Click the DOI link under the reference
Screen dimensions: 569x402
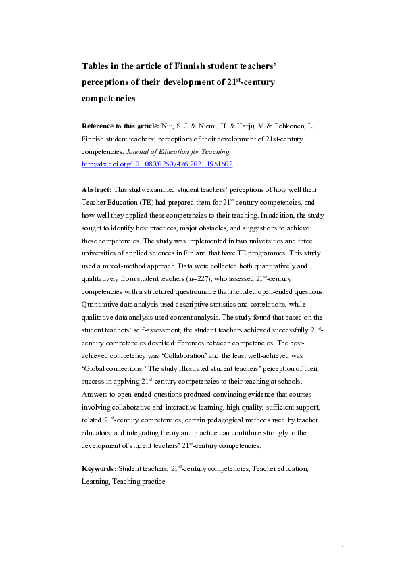point(157,164)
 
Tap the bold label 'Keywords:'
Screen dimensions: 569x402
point(99,468)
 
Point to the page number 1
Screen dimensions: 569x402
point(343,548)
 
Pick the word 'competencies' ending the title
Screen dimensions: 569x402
point(109,98)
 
